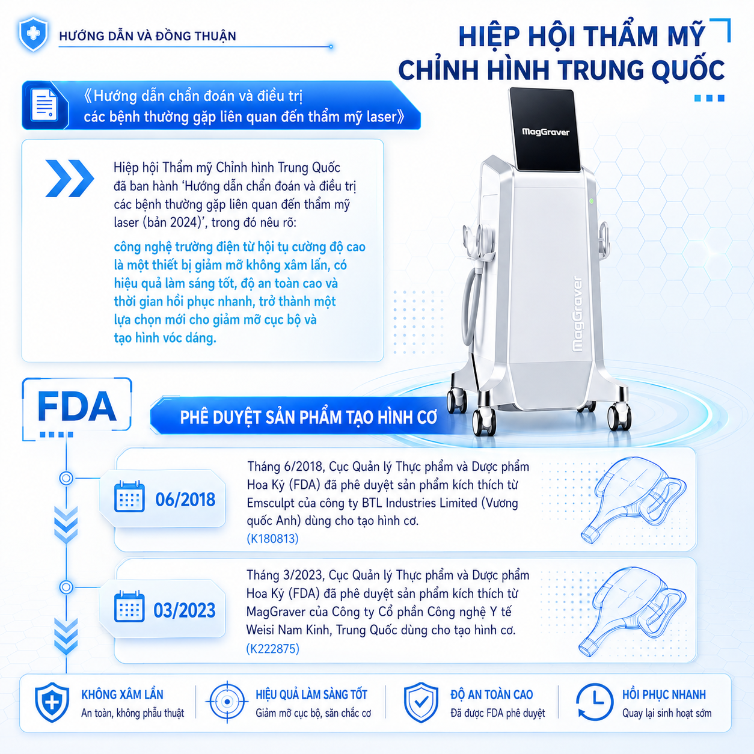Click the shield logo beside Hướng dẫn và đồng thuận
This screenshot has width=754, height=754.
(33, 34)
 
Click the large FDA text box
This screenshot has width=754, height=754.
(77, 406)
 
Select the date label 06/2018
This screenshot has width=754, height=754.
(185, 500)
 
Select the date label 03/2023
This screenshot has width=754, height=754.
(185, 610)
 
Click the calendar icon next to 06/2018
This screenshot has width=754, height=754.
(129, 497)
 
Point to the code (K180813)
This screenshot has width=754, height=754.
(273, 539)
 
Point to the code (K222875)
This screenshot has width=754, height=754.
(273, 649)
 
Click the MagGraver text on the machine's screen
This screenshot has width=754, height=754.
(546, 132)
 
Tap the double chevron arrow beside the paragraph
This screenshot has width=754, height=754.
(70, 178)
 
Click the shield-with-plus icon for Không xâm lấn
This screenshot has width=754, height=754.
(52, 702)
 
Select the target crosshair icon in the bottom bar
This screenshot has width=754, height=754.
(227, 702)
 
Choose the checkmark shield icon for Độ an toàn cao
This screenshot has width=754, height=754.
(421, 702)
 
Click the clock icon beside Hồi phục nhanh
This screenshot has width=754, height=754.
(594, 702)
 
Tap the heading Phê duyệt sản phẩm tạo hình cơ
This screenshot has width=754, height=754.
(308, 417)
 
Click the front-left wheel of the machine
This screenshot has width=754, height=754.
(484, 423)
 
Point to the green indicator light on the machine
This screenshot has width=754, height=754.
(591, 201)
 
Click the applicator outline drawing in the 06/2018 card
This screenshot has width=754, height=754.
(634, 500)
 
